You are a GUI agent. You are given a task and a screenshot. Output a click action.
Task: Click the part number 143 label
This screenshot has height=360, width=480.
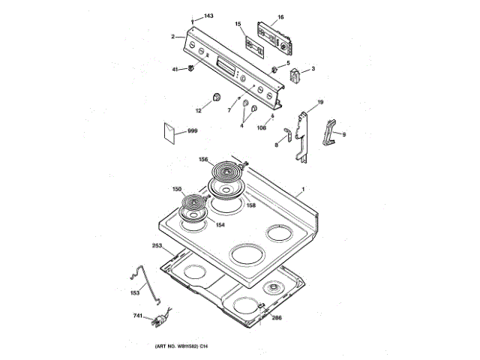point(208,16)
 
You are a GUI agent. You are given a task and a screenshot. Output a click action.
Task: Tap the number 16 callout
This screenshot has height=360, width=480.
point(280,16)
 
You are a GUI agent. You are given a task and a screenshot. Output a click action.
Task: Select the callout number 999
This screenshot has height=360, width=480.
point(192,131)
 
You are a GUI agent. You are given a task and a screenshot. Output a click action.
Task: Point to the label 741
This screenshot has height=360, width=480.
point(137,316)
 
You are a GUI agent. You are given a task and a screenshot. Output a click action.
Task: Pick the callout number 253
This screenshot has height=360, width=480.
point(157,245)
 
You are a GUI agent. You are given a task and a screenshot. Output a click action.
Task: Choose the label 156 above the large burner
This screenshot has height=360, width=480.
point(203,159)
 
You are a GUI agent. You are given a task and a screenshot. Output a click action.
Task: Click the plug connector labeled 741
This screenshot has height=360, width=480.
point(160,321)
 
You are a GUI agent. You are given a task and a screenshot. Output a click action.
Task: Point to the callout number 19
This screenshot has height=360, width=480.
point(319,101)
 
